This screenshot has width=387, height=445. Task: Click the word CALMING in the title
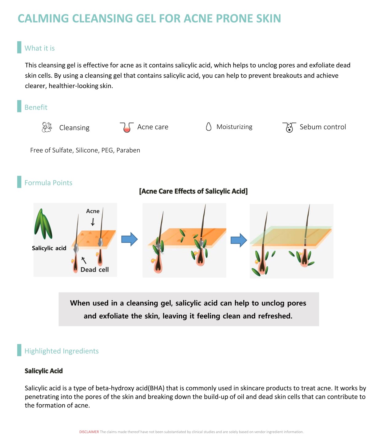pyautogui.click(x=43, y=18)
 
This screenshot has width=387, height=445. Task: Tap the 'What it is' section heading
pyautogui.click(x=40, y=48)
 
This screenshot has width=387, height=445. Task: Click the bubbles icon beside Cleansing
pyautogui.click(x=47, y=127)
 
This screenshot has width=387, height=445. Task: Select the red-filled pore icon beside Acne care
pyautogui.click(x=126, y=127)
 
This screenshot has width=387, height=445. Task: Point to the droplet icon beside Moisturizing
pyautogui.click(x=209, y=127)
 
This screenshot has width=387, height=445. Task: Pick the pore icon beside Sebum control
pyautogui.click(x=289, y=127)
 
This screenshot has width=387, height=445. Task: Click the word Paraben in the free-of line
pyautogui.click(x=128, y=150)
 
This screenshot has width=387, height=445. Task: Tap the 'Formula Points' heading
pyautogui.click(x=48, y=183)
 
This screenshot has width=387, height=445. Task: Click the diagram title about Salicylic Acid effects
pyautogui.click(x=193, y=191)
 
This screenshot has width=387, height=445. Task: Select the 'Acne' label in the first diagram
pyautogui.click(x=93, y=211)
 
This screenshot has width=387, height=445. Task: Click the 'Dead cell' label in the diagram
pyautogui.click(x=94, y=270)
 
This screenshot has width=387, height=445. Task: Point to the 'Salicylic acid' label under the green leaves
pyautogui.click(x=49, y=248)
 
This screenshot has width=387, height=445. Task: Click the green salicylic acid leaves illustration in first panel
pyautogui.click(x=43, y=224)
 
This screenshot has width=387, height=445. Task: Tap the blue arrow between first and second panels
pyautogui.click(x=129, y=239)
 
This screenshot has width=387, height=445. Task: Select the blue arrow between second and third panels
pyautogui.click(x=239, y=240)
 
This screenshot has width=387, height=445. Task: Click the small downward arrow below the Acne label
pyautogui.click(x=93, y=222)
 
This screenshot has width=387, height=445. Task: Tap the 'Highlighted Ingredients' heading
pyautogui.click(x=62, y=351)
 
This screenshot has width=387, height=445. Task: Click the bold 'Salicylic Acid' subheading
pyautogui.click(x=44, y=371)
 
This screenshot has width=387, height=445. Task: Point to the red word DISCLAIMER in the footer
pyautogui.click(x=89, y=432)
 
